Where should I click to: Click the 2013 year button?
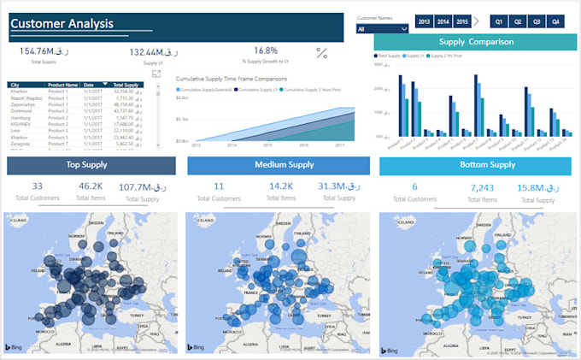[x=424, y=21]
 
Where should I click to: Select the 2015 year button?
[x=462, y=21]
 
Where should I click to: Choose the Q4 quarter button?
[x=555, y=21]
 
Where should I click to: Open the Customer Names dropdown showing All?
[x=381, y=29]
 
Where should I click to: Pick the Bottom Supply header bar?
[x=475, y=165]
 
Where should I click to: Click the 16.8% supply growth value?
[x=266, y=51]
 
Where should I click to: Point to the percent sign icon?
[x=322, y=53]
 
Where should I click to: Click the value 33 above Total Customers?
[x=37, y=186]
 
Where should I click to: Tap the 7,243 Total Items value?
[x=482, y=187]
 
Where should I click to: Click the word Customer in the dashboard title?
[x=38, y=25]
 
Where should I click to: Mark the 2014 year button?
[x=443, y=21]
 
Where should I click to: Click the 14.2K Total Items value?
[x=281, y=186]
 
